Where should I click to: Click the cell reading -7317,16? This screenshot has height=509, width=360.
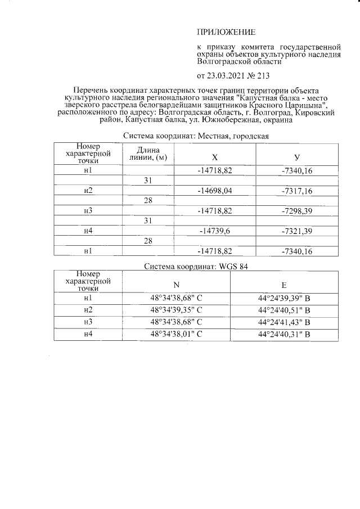click(296, 191)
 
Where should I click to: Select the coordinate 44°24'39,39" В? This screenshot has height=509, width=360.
click(284, 298)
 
